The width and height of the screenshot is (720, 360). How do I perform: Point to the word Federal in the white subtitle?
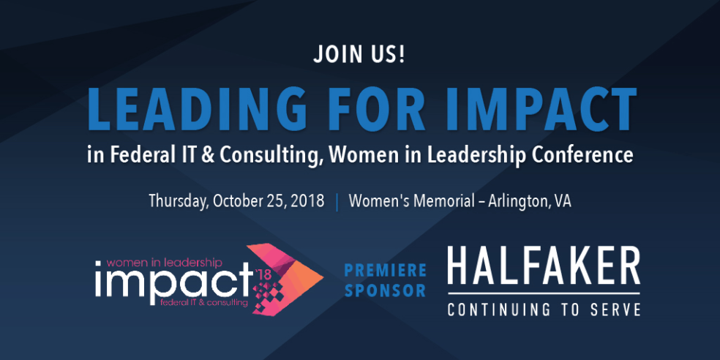point(136,155)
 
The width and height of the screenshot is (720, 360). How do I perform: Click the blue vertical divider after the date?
point(337,203)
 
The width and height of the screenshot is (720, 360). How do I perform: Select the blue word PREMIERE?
point(386,270)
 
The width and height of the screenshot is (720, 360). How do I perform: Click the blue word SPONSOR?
point(386,290)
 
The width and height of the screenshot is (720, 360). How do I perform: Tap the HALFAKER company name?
point(544,266)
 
